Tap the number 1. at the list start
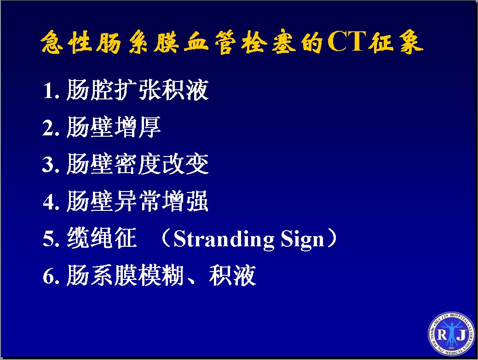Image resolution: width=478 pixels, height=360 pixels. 51,91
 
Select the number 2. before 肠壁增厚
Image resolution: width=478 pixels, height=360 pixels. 51,128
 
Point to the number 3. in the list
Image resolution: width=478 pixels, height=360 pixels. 51,164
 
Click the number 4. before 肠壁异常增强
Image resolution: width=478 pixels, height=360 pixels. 51,201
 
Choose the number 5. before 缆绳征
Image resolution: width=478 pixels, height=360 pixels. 51,238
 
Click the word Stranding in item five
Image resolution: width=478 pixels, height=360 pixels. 224,240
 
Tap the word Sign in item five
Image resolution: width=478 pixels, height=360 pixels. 302,240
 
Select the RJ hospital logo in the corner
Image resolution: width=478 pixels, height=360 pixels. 451,334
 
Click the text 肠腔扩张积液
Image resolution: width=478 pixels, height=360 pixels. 138,90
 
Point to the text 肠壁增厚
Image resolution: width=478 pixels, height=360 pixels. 113,127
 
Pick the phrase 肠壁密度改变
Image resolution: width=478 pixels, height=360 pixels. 138,164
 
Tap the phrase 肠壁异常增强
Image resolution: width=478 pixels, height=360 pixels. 138,201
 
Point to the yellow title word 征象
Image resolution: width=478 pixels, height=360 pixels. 395,41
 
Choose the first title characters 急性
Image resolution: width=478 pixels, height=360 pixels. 66,41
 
